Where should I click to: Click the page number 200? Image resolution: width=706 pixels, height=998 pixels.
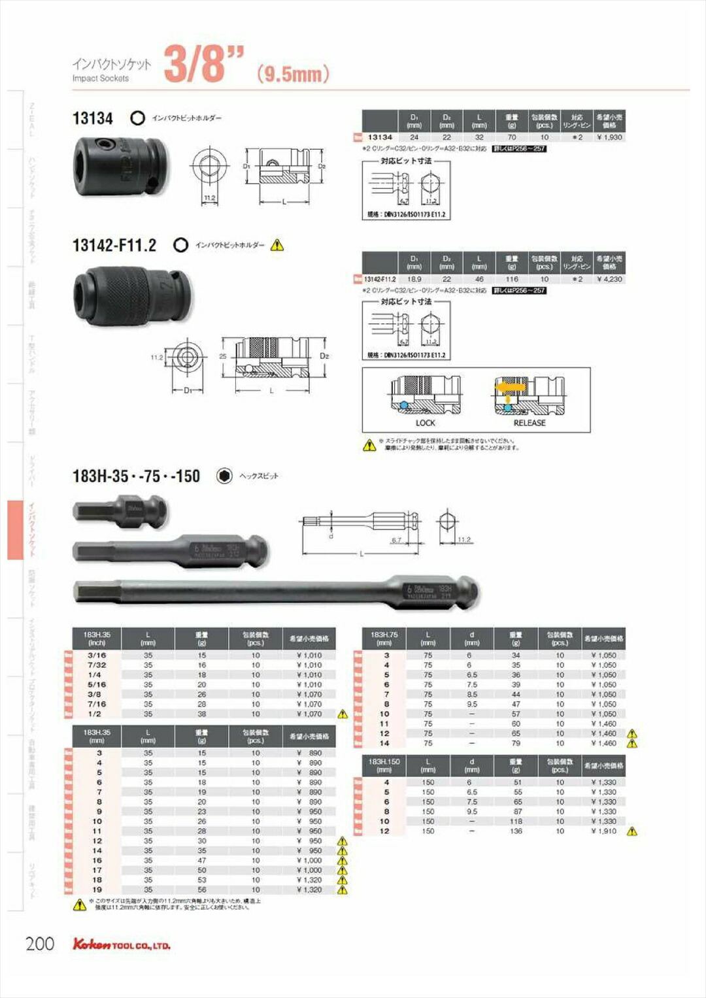point(40,943)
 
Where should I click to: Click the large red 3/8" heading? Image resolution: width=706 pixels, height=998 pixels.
point(203,64)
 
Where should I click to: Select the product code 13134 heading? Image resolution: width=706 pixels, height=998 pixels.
point(92,118)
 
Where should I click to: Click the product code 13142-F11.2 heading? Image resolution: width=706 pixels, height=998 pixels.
point(114,245)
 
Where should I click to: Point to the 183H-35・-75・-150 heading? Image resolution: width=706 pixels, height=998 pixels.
point(136,476)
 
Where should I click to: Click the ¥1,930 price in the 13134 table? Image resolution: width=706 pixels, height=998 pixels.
point(609,137)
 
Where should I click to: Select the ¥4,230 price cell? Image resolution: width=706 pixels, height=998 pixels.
point(609,279)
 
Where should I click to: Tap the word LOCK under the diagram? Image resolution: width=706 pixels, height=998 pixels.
point(426,423)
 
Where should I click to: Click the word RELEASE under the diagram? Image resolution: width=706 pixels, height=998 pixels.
point(529,423)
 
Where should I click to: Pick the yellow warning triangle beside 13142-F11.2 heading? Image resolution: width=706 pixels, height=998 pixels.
point(277,245)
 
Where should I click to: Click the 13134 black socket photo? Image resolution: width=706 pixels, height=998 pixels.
point(121,166)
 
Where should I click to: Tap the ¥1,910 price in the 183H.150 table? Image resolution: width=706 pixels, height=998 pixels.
point(603,831)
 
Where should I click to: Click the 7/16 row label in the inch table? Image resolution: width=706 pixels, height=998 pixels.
point(97,704)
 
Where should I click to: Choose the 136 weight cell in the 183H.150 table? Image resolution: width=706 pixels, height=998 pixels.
point(516,831)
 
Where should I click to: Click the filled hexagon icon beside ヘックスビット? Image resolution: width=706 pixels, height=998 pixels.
point(224,476)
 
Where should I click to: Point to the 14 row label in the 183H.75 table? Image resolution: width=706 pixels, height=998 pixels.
point(384,743)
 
